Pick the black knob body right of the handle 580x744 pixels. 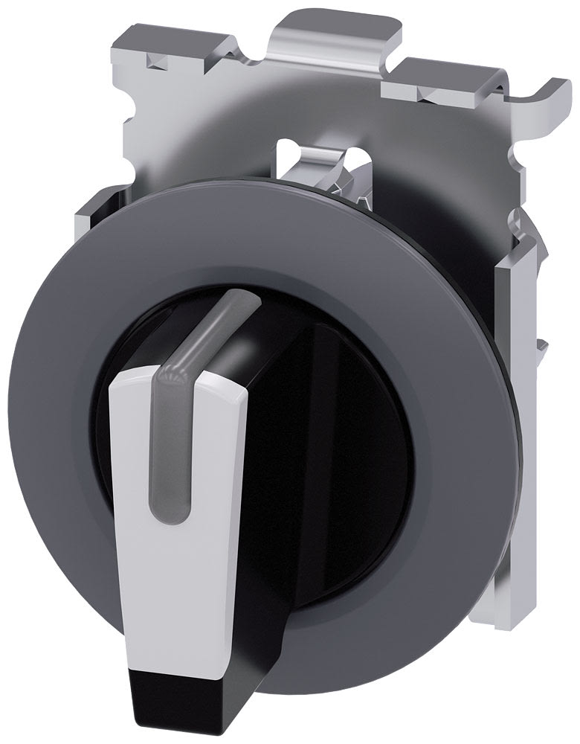pyautogui.click(x=349, y=461)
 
